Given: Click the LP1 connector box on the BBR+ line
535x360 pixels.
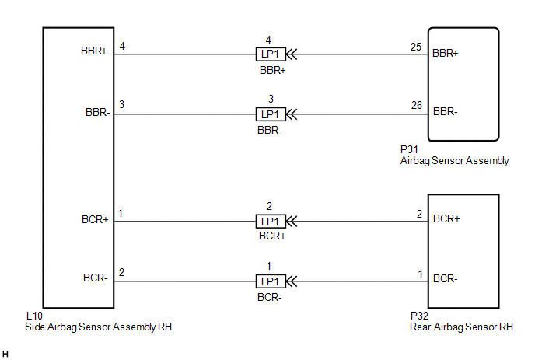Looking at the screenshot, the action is [x=271, y=54].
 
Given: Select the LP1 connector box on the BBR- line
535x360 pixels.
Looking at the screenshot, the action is [x=271, y=114].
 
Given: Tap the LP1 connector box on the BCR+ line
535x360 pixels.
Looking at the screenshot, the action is [x=271, y=222].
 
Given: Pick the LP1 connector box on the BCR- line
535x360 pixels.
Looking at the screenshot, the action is [x=271, y=281].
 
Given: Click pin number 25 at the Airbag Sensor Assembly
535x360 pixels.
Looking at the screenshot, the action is [x=416, y=47].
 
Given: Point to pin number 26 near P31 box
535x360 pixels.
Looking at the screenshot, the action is [x=417, y=105].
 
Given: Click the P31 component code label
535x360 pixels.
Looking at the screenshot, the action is [x=409, y=149].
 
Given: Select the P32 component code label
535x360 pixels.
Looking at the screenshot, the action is [x=419, y=316].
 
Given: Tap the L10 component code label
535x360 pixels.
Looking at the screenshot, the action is [x=34, y=316].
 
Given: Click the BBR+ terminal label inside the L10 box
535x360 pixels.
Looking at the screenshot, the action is [x=94, y=51].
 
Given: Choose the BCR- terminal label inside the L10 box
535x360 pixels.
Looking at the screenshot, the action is [x=96, y=278].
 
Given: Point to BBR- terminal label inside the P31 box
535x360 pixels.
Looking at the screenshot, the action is [x=446, y=112].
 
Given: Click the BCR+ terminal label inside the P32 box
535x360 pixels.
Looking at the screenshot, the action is [x=446, y=218].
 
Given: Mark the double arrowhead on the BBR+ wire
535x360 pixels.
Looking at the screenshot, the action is [x=292, y=54].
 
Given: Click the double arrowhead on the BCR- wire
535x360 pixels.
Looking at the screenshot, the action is [x=292, y=281].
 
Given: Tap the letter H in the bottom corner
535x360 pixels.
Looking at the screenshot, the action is [x=5, y=355].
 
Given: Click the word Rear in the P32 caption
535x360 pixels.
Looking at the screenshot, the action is [x=419, y=327].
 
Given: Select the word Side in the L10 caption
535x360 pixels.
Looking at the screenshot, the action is [x=35, y=327].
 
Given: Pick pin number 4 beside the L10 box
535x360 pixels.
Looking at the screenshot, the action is [x=122, y=46].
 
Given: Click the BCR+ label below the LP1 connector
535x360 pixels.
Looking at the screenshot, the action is [x=272, y=236].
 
